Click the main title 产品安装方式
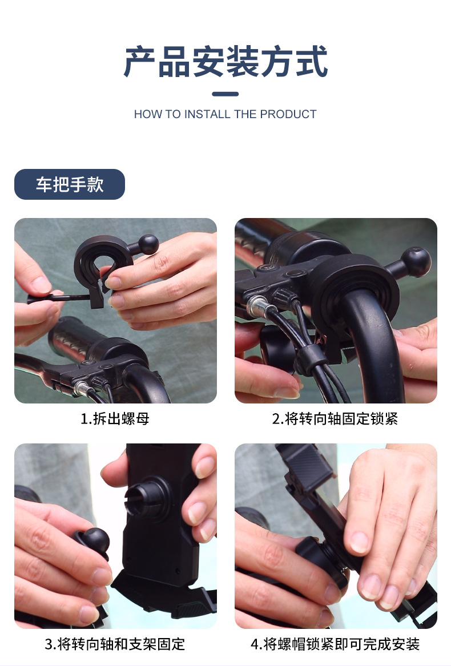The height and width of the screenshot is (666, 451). pyautogui.click(x=226, y=62)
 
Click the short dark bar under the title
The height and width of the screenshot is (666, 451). pyautogui.click(x=225, y=94)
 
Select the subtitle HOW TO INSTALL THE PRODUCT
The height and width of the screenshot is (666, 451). pyautogui.click(x=225, y=114)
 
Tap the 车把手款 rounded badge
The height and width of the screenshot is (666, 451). pyautogui.click(x=69, y=184)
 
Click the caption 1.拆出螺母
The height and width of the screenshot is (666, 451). pyautogui.click(x=115, y=419)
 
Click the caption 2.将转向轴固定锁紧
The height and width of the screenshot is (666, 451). pyautogui.click(x=335, y=419)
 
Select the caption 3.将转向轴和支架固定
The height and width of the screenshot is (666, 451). pyautogui.click(x=115, y=644)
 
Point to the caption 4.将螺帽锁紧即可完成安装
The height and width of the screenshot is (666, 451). pyautogui.click(x=335, y=644)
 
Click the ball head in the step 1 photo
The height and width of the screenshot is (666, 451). pyautogui.click(x=148, y=244)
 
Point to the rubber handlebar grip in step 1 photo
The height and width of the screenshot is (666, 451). pyautogui.click(x=74, y=337)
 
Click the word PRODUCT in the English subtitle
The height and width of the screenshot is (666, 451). pyautogui.click(x=288, y=114)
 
